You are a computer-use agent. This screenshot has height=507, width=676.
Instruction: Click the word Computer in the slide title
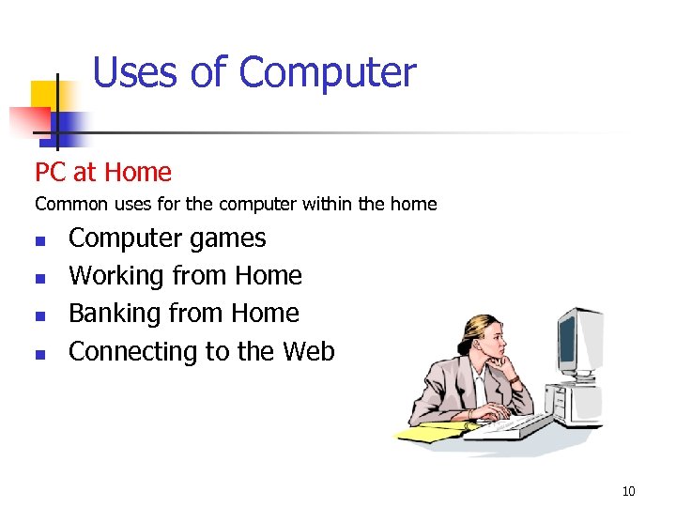[327, 73]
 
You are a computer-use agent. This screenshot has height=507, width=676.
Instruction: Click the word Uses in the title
[138, 72]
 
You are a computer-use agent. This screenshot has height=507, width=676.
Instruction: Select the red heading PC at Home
[103, 173]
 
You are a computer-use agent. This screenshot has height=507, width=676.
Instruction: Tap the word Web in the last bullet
[308, 351]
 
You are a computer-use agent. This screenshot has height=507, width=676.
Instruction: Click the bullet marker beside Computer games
[39, 241]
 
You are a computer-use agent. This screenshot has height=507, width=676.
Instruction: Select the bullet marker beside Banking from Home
[39, 316]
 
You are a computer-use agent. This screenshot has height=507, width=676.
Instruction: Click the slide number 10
[628, 490]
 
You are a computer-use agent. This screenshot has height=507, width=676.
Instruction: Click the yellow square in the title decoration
[45, 94]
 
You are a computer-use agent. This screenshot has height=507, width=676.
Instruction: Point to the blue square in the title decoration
[68, 124]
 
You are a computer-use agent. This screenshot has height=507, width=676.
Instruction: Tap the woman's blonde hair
[469, 324]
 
